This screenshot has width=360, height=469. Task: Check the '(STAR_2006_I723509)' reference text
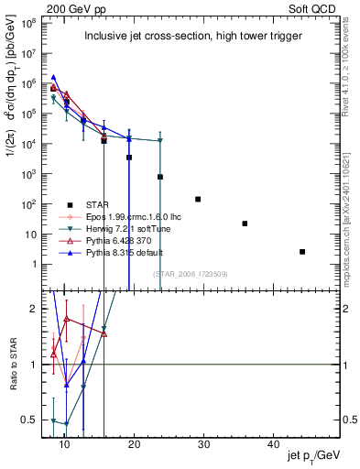[x=191, y=273]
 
